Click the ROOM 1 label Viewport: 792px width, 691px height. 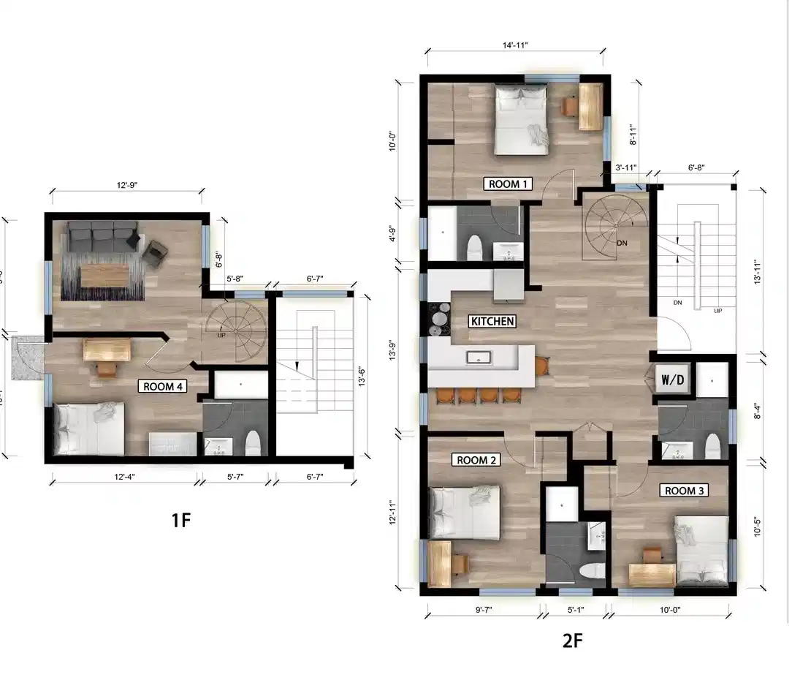point(508,184)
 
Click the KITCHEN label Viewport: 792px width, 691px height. point(492,321)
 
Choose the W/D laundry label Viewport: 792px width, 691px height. point(672,380)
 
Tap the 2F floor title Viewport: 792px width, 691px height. point(572,641)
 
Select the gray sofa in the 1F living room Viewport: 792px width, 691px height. point(102,236)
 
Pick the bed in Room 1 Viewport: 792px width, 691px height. point(521,119)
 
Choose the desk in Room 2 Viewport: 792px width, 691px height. point(441,562)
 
